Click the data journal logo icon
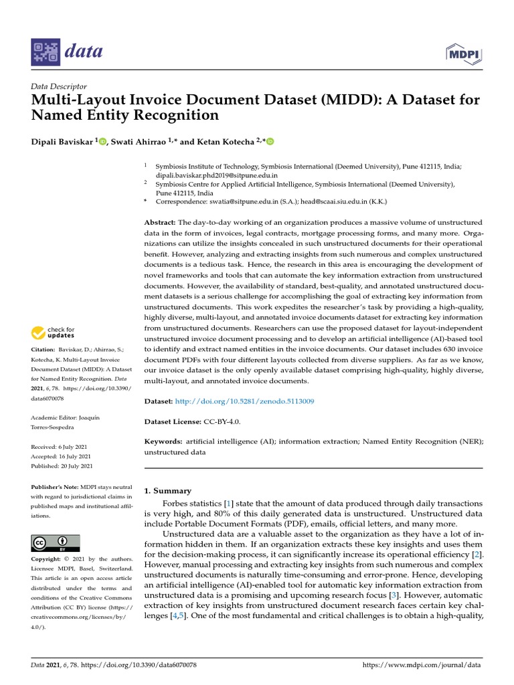(47, 51)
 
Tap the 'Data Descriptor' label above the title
(59, 86)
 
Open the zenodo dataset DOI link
(244, 401)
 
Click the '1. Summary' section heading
(168, 490)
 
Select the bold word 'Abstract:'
(161, 221)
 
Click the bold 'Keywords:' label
(163, 442)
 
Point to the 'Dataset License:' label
(173, 422)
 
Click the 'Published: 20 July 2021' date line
(62, 466)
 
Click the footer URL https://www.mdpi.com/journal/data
(422, 666)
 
